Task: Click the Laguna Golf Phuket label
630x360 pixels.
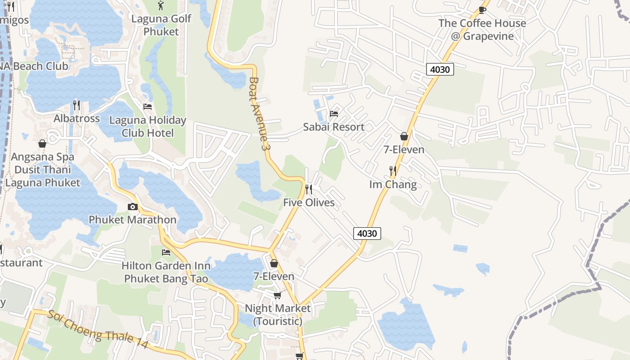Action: (161, 25)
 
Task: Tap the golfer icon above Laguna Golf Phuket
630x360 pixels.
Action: (161, 6)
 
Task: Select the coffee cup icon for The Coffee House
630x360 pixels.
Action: (482, 10)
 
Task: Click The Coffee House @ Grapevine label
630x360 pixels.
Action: (482, 30)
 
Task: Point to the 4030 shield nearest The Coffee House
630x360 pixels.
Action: (440, 69)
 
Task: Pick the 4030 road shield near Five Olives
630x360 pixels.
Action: (367, 234)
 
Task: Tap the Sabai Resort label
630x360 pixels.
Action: (333, 127)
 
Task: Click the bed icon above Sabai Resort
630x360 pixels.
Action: (333, 113)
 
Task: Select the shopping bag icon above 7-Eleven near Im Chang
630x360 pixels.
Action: (404, 136)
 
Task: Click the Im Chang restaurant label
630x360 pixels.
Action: (393, 184)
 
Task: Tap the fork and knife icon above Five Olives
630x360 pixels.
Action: (309, 189)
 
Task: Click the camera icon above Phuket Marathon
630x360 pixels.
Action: (133, 207)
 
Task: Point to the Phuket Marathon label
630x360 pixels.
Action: (132, 220)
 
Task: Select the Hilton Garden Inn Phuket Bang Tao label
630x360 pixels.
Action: (166, 272)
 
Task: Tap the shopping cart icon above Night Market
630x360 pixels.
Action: (277, 295)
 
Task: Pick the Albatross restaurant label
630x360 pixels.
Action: (76, 118)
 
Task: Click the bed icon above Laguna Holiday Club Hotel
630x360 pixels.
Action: (147, 107)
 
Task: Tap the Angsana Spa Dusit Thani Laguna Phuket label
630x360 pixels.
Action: (43, 170)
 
